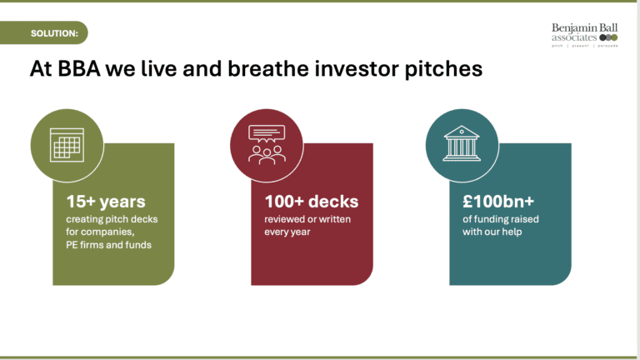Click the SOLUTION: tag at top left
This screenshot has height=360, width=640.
click(x=54, y=33)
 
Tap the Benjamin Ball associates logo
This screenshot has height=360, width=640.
click(x=584, y=35)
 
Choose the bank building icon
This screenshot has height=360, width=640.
click(x=459, y=144)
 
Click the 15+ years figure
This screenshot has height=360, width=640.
click(x=106, y=201)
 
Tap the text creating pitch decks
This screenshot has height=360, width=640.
click(x=112, y=219)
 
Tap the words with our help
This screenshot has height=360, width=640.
click(x=492, y=232)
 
